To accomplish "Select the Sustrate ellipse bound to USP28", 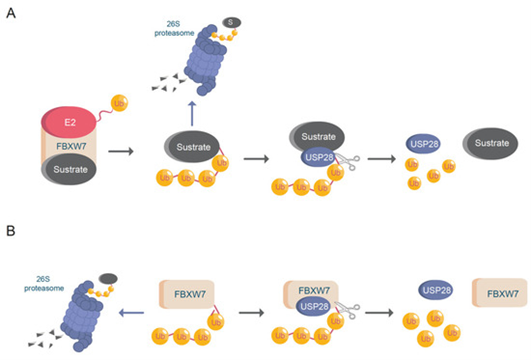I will click(318, 136).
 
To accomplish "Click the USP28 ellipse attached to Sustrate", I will click(319, 157).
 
